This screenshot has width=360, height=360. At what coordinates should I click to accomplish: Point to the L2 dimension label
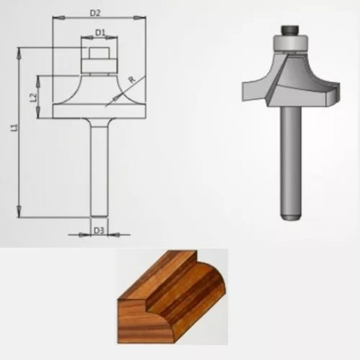pos(34,96)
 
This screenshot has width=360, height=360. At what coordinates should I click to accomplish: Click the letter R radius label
pos(131,79)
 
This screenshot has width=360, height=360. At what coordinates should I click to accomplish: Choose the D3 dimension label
pos(99,230)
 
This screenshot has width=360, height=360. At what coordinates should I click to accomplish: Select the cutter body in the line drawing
pos(99,102)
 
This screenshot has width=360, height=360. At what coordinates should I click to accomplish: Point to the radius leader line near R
pos(117,95)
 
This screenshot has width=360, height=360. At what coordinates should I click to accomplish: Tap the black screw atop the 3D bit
pos(291,28)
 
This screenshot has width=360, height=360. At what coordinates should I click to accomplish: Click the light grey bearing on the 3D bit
pos(291,43)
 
